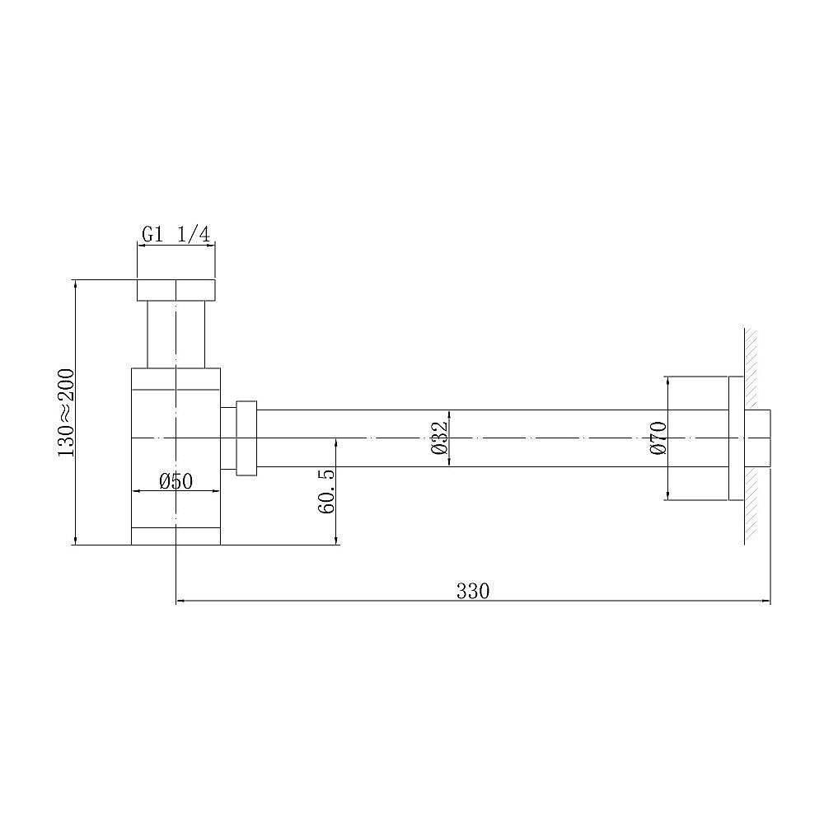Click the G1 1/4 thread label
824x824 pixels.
coord(176,234)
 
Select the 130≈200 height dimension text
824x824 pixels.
coord(66,412)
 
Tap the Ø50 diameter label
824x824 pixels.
coord(176,480)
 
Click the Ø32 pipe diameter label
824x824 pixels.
coord(438,438)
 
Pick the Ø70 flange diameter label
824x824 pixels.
coord(657,438)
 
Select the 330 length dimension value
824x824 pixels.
coord(473,591)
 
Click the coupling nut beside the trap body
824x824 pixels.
coord(246,438)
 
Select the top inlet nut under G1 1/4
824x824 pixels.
coord(176,290)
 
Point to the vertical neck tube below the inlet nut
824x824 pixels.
coord(176,334)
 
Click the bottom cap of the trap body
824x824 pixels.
coord(176,536)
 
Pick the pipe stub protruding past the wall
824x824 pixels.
coord(763,438)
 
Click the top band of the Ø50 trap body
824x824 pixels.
coord(176,378)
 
